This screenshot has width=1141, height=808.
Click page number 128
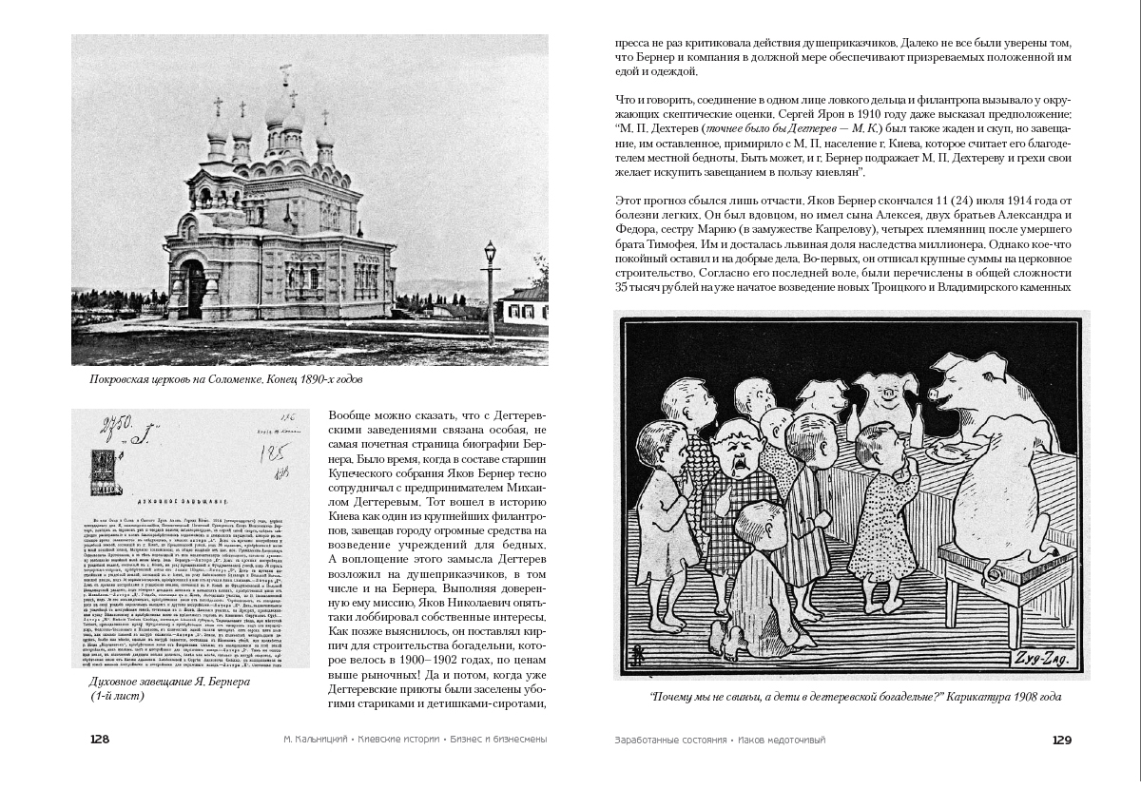(100, 741)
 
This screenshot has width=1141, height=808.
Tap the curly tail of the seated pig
(989, 571)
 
